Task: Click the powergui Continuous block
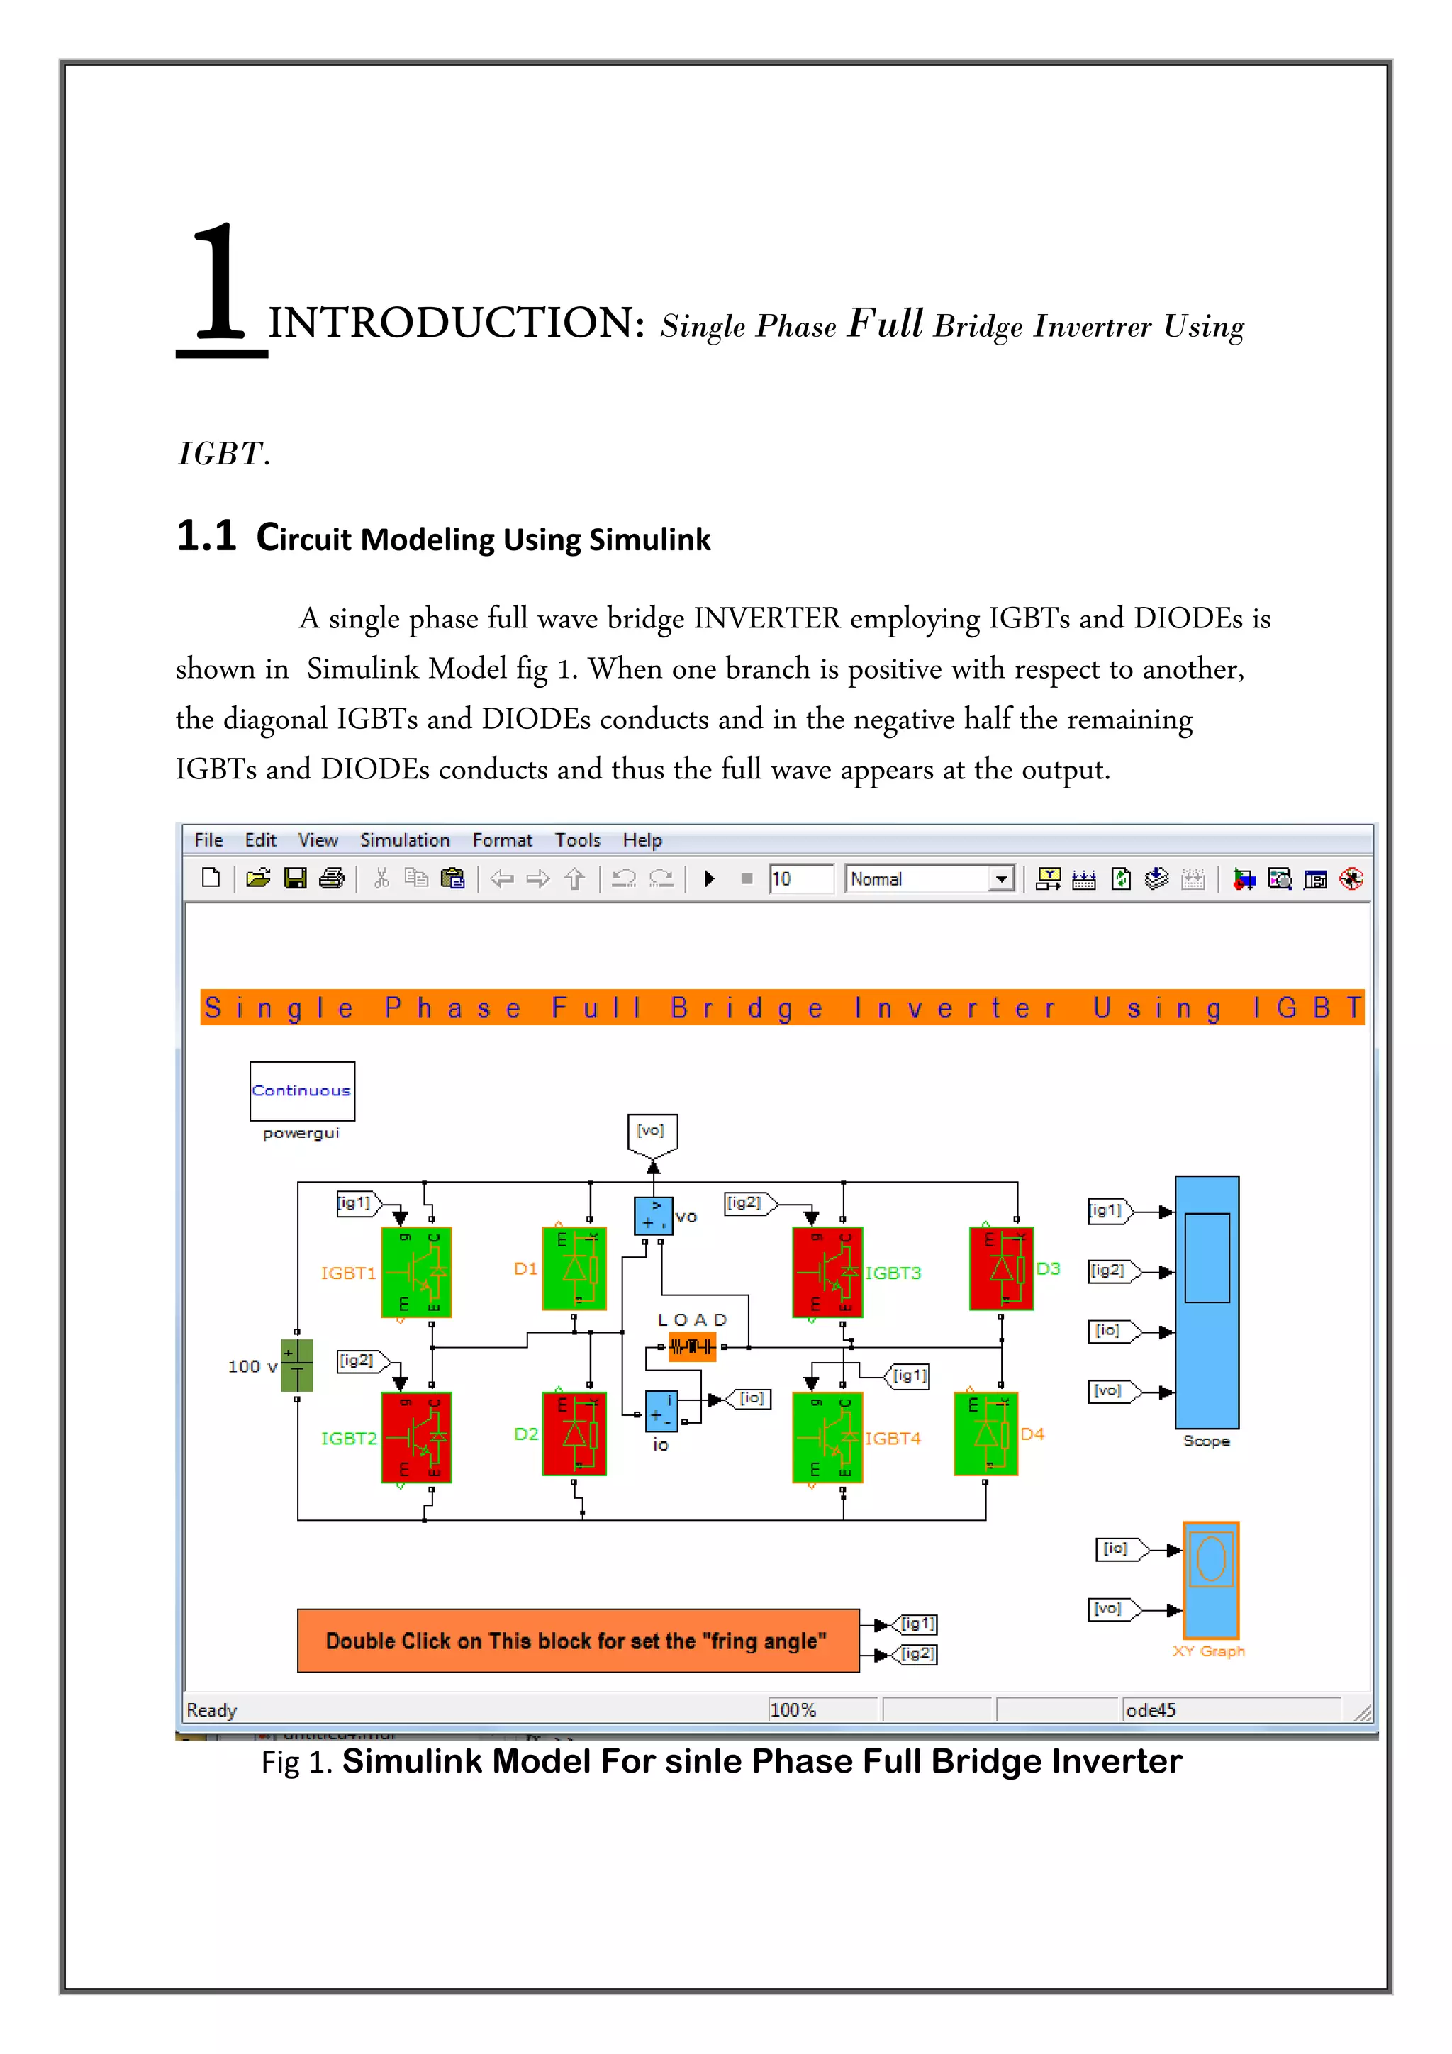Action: coord(301,1090)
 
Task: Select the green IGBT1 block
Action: coord(416,1271)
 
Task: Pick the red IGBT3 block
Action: coord(827,1271)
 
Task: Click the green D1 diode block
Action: coord(574,1268)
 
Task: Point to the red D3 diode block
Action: coord(1001,1268)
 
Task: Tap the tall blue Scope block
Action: coord(1206,1302)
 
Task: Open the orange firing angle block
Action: coord(578,1641)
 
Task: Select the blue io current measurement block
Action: coord(661,1411)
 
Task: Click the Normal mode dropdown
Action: coord(929,878)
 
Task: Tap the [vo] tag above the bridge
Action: coord(652,1132)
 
